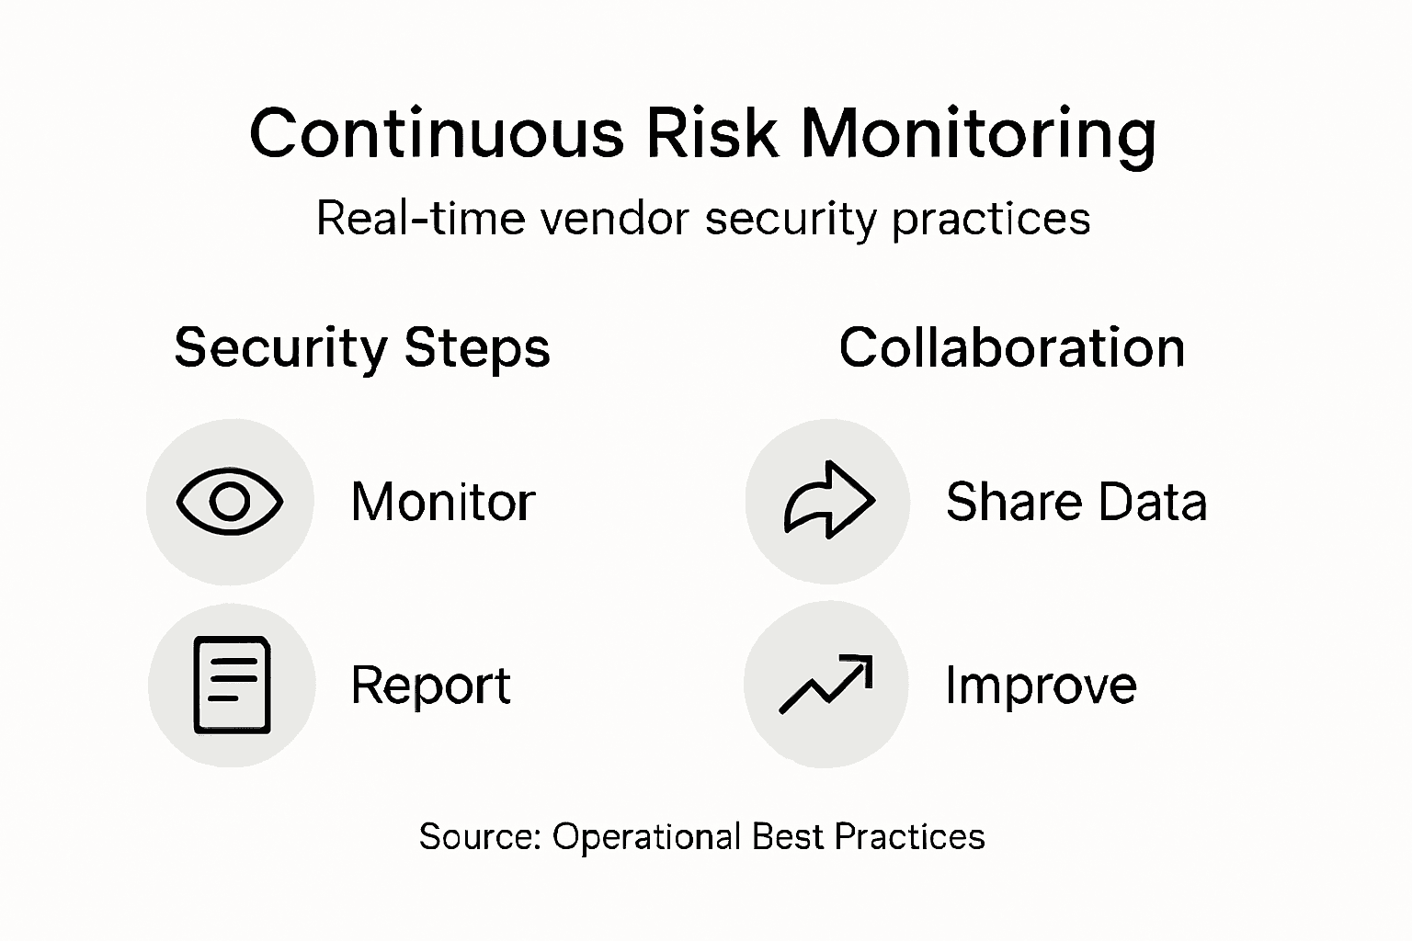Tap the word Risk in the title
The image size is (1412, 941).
click(x=712, y=134)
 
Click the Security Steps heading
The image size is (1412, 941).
click(x=362, y=349)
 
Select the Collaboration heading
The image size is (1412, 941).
click(x=1011, y=348)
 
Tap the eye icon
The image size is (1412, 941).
click(x=230, y=502)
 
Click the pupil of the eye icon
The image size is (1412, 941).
click(x=230, y=502)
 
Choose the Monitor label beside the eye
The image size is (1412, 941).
click(x=443, y=502)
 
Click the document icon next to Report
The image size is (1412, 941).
click(x=232, y=685)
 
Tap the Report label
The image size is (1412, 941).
click(x=430, y=686)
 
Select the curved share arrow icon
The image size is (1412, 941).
click(x=828, y=500)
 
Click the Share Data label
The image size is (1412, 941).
click(x=1076, y=502)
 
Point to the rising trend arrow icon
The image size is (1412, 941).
click(x=826, y=684)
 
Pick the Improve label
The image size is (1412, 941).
click(x=1041, y=686)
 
